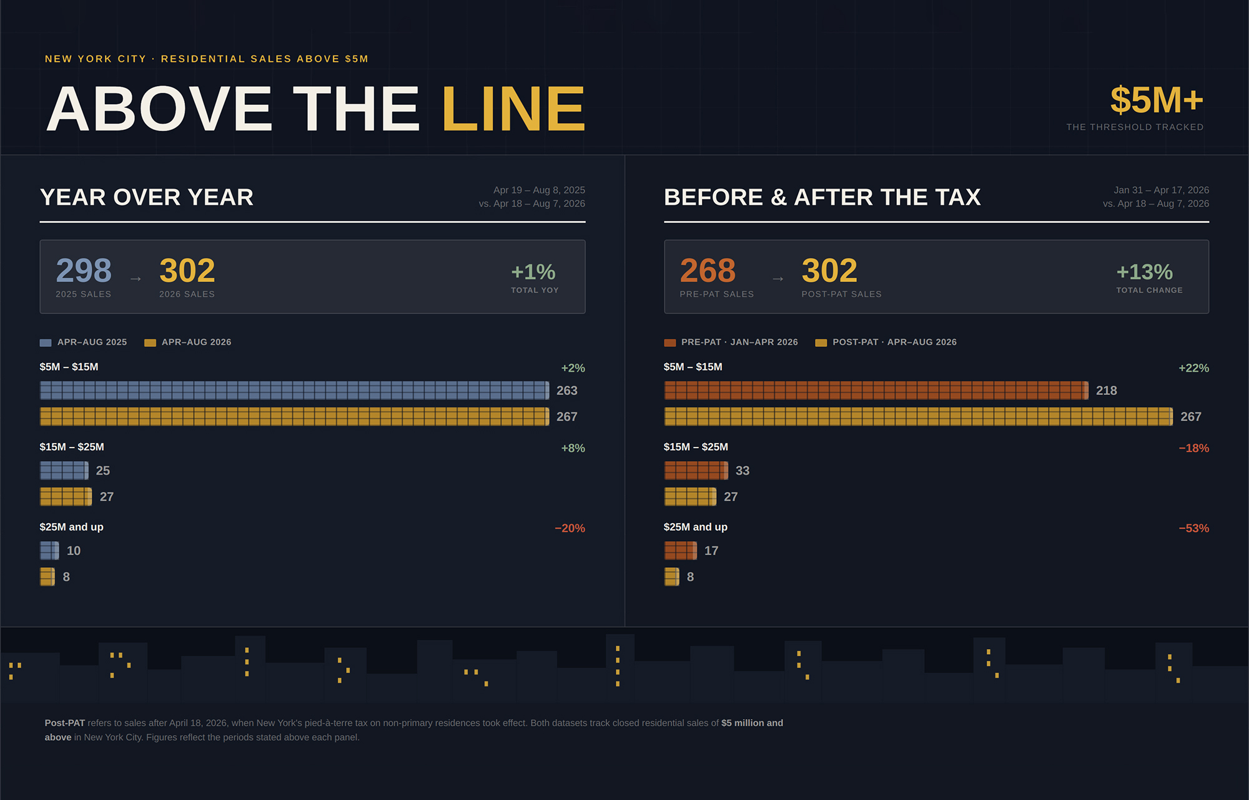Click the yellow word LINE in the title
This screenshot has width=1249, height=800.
click(x=513, y=109)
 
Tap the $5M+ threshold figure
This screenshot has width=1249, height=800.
click(x=1157, y=100)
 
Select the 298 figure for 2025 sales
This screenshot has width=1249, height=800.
click(x=84, y=270)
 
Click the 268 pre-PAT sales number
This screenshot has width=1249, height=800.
click(x=708, y=270)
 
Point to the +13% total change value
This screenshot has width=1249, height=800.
click(x=1144, y=272)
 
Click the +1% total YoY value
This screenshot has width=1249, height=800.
click(x=533, y=272)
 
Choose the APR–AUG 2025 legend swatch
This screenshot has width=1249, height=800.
click(x=46, y=343)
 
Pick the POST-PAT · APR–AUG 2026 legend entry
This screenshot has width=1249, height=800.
click(x=886, y=342)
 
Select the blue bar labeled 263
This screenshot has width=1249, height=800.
click(x=295, y=391)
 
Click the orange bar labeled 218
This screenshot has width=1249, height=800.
click(x=876, y=391)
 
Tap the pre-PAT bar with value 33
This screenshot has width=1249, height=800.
click(x=696, y=471)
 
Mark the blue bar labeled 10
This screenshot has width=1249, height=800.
click(x=49, y=550)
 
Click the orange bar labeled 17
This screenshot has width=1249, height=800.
click(x=681, y=550)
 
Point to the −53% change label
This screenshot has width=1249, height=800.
click(x=1193, y=529)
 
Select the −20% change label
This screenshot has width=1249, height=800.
click(x=570, y=529)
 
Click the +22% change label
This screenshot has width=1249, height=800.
click(x=1193, y=368)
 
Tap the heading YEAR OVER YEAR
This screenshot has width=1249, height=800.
click(x=147, y=197)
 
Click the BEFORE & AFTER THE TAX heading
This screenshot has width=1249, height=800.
click(x=822, y=197)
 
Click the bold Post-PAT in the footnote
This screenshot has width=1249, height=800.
click(x=65, y=723)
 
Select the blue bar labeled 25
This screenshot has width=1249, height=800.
click(x=64, y=471)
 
